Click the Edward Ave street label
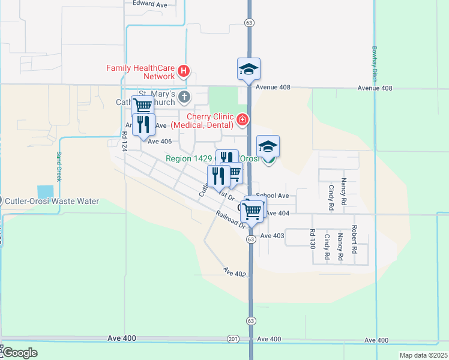pyautogui.click(x=150, y=4)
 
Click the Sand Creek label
pyautogui.click(x=59, y=166)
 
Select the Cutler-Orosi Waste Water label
pyautogui.click(x=52, y=201)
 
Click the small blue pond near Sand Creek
pyautogui.click(x=45, y=192)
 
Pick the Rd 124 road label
pyautogui.click(x=125, y=142)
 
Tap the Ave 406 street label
pyautogui.click(x=160, y=142)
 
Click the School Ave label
pyautogui.click(x=273, y=196)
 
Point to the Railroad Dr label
pyautogui.click(x=232, y=220)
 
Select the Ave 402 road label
pyautogui.click(x=235, y=273)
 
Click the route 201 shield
pyautogui.click(x=233, y=340)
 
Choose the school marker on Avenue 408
pyautogui.click(x=248, y=69)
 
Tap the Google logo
pyautogui.click(x=19, y=352)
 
